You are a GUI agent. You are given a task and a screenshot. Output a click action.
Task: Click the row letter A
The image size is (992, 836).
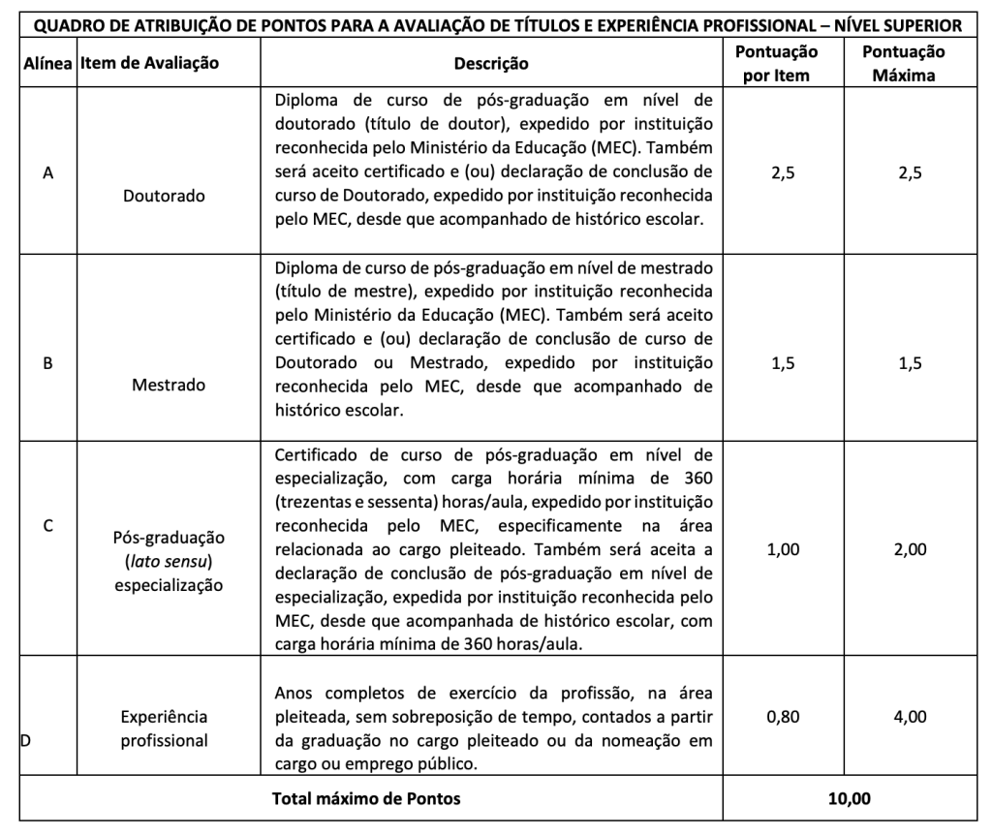[x=47, y=173]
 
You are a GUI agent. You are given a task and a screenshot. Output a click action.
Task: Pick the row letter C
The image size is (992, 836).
[x=47, y=528]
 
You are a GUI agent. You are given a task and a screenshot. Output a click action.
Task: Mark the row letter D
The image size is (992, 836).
[x=26, y=743]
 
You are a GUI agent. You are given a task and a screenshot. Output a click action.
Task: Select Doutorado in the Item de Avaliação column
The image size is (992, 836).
[x=165, y=196]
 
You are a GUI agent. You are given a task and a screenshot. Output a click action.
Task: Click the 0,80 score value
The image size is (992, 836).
[x=777, y=718]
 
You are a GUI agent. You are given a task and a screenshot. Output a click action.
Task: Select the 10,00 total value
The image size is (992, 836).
[x=851, y=799]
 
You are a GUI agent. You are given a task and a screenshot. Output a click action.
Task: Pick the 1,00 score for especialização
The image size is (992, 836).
[x=777, y=549]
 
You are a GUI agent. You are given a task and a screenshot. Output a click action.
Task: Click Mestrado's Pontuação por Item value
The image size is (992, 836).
[x=777, y=363]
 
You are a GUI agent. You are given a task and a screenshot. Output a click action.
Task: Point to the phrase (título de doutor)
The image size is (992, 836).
[x=418, y=124]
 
